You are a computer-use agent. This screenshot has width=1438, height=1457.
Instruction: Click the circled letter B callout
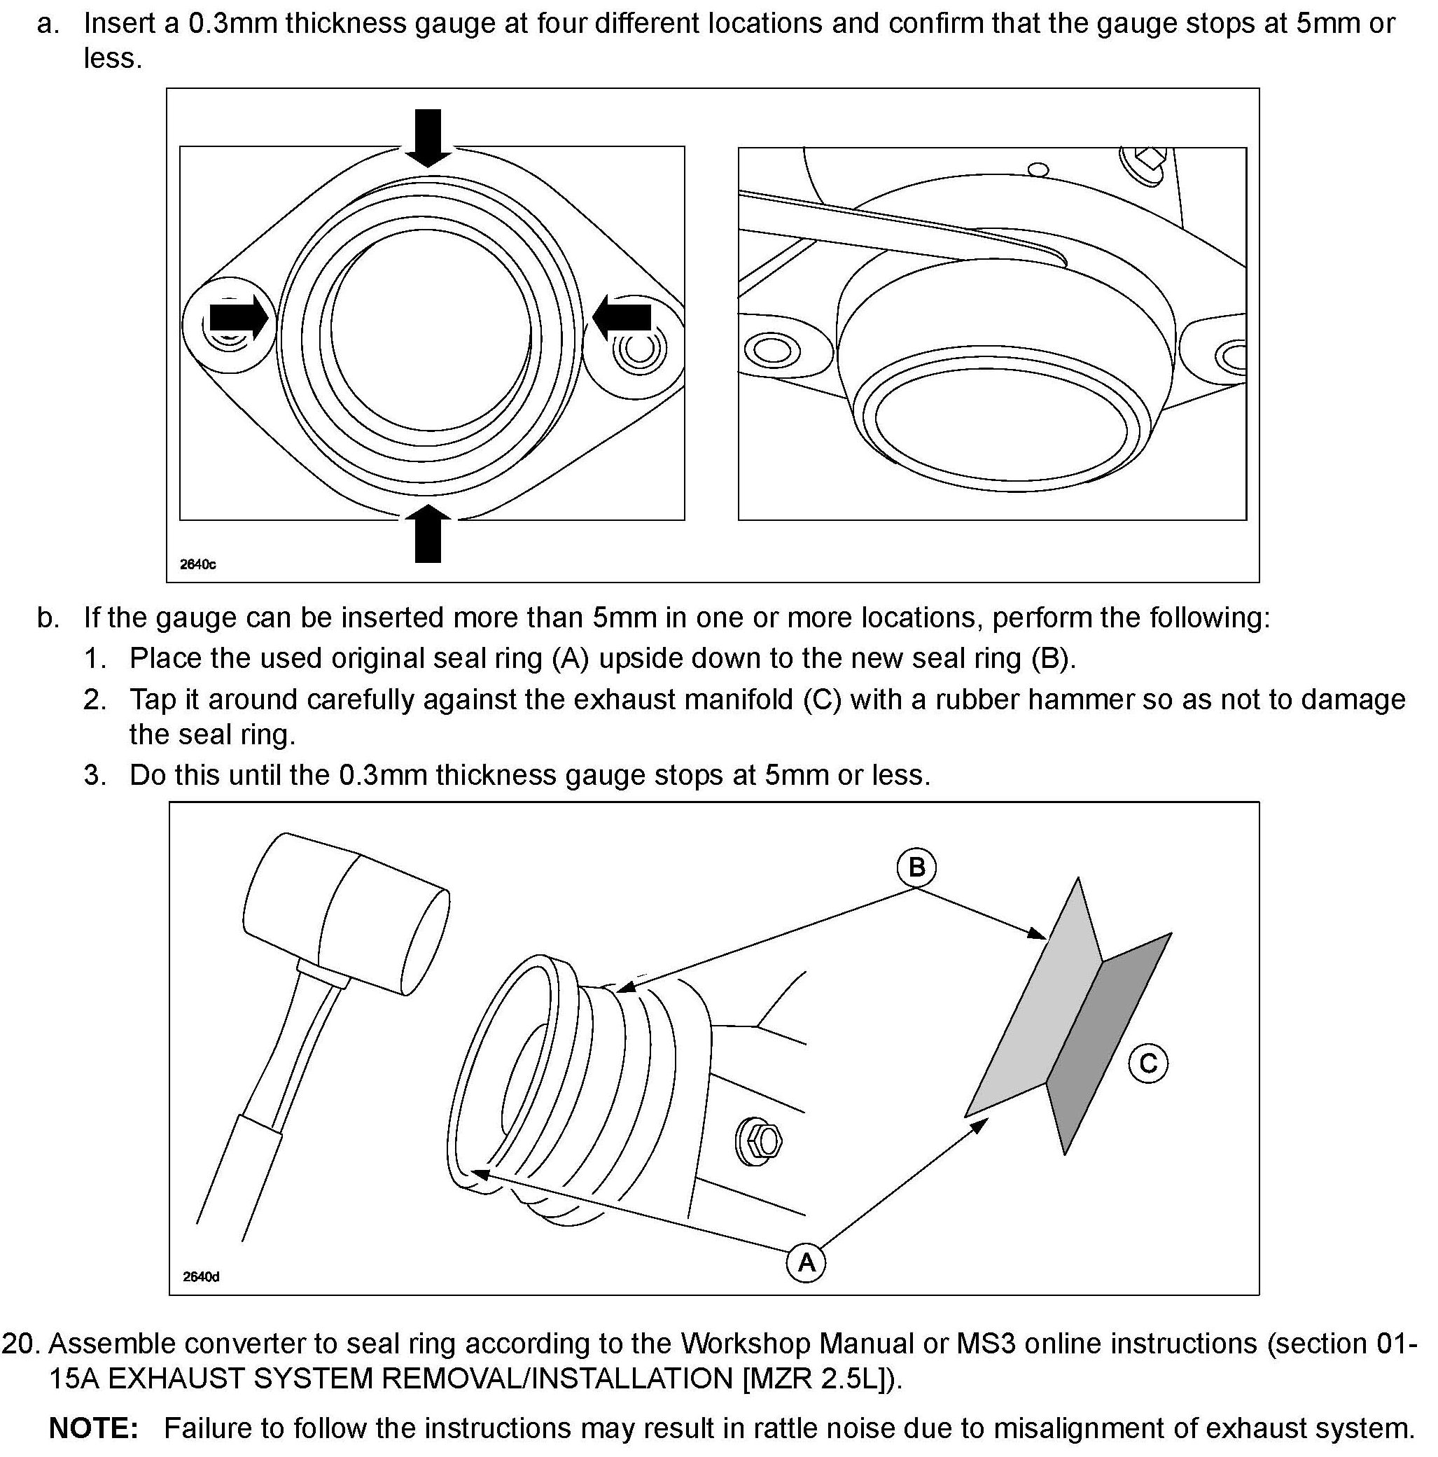[916, 867]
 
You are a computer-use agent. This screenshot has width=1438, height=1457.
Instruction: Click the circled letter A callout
[805, 1262]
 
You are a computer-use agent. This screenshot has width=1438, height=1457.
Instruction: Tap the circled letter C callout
[1147, 1064]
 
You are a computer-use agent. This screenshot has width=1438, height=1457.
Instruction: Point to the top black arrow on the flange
[428, 137]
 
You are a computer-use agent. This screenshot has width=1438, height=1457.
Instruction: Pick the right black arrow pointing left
[622, 316]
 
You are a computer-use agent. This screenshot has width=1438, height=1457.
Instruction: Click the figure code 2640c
[197, 565]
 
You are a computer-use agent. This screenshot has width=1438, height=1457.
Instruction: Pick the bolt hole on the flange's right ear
[638, 349]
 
